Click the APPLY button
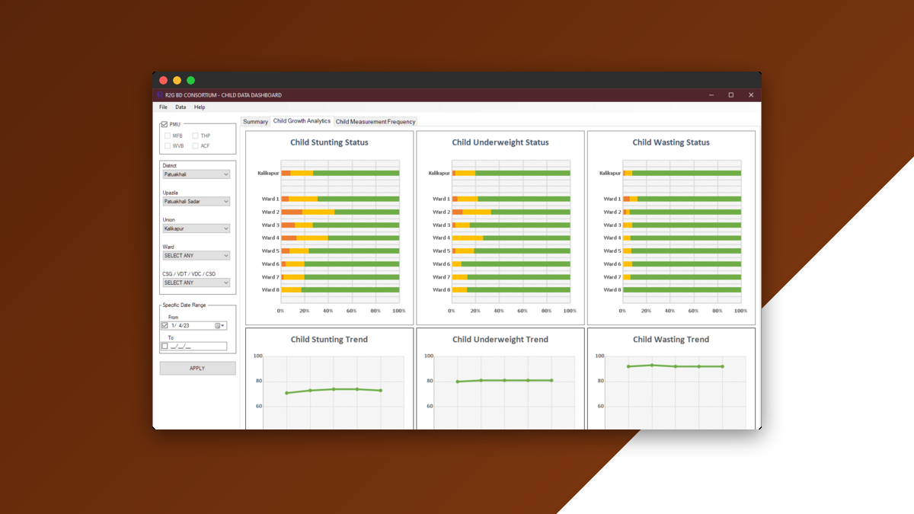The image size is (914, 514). pos(197,369)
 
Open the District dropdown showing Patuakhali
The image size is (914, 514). pos(196,174)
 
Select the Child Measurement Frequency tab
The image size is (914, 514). pos(376,122)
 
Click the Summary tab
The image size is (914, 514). pos(255,122)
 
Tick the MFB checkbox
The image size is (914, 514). pos(168,136)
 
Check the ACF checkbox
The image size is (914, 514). pos(196,145)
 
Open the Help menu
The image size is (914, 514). pos(200,107)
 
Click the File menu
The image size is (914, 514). pos(163,107)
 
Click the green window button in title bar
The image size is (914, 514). pos(190,80)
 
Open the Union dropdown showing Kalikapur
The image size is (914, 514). pos(196,228)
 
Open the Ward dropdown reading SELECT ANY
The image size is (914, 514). pos(196,256)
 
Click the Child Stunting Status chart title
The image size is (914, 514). pos(329,142)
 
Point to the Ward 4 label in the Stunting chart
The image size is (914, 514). pos(270,238)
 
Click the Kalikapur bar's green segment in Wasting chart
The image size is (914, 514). pos(685,173)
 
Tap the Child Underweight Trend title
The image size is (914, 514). pos(500,340)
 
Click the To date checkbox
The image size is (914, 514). pos(165,346)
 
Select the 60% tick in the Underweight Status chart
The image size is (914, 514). pos(523,311)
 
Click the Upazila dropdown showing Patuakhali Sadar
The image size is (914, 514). pos(196,202)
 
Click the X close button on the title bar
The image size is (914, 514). pos(750,95)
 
